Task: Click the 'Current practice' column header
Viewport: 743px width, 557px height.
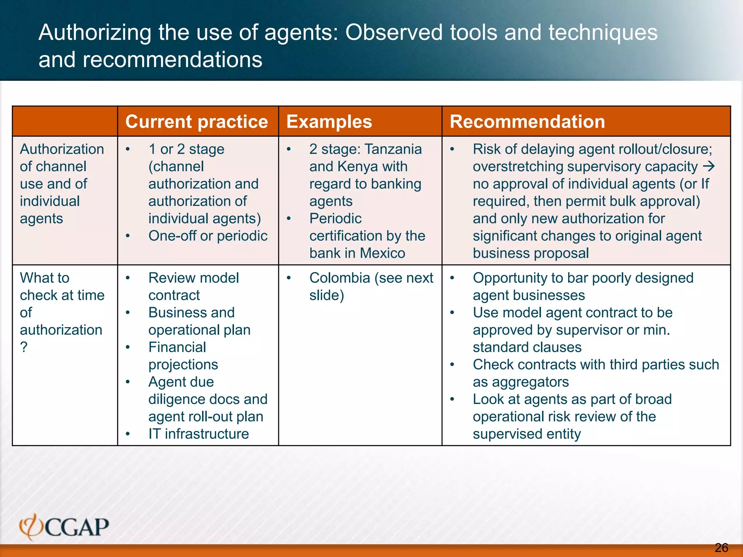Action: [x=196, y=121]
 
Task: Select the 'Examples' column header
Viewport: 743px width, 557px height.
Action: [x=329, y=121]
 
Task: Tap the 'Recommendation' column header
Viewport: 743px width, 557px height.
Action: [x=527, y=121]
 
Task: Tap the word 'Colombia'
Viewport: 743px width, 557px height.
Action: [x=340, y=278]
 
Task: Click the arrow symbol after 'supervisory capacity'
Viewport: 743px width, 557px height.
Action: [x=709, y=166]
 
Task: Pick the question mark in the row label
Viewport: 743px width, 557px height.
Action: [x=24, y=347]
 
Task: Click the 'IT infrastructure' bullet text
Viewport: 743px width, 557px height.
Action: [x=198, y=434]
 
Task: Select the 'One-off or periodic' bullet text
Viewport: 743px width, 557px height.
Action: [x=208, y=236]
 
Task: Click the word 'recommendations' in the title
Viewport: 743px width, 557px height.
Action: [x=172, y=59]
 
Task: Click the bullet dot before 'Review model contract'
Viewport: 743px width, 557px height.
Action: [x=128, y=278]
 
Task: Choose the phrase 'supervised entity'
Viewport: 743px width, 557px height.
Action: [x=526, y=434]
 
